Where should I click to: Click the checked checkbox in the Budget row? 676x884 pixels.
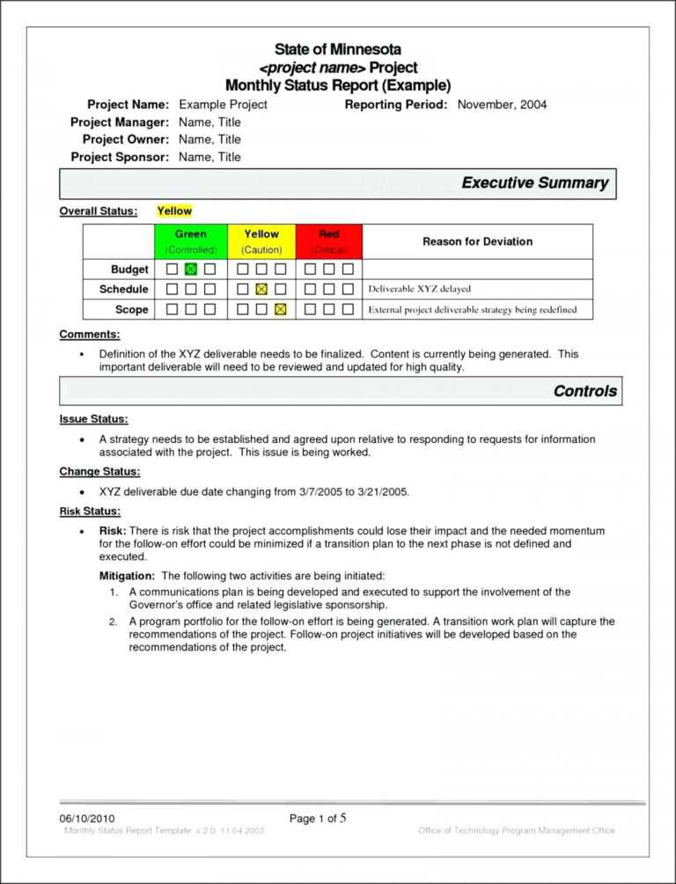[x=191, y=269]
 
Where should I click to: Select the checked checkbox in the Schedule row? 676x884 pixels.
[x=261, y=290]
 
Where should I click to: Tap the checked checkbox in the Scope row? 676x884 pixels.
[x=280, y=310]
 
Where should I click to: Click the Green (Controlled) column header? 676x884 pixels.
[x=191, y=241]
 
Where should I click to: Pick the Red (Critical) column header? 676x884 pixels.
[x=329, y=241]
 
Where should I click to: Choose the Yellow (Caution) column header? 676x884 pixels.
[x=261, y=241]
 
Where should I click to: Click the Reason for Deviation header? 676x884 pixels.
[x=477, y=241]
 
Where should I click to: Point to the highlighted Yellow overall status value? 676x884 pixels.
[x=174, y=211]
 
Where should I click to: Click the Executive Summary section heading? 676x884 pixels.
[x=534, y=183]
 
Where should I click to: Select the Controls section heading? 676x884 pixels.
[x=584, y=391]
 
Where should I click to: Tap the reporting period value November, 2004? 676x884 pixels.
[x=502, y=105]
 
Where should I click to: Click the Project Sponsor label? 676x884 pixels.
[x=120, y=157]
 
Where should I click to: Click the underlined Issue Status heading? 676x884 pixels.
[x=93, y=419]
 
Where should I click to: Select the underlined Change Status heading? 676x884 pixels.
[x=99, y=472]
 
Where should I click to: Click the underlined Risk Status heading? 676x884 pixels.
[x=90, y=511]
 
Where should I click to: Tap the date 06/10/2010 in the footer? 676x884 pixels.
[x=87, y=819]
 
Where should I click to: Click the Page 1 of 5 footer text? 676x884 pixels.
[x=318, y=818]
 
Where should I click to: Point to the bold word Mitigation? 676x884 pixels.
[x=125, y=575]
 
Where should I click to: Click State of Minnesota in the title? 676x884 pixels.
[x=337, y=49]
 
